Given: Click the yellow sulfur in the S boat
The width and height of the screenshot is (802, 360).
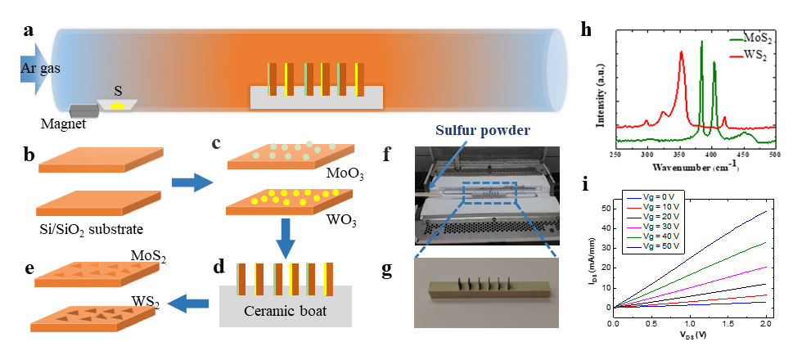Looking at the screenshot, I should point(118,105).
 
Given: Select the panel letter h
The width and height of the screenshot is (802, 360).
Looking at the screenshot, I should point(585,29).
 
